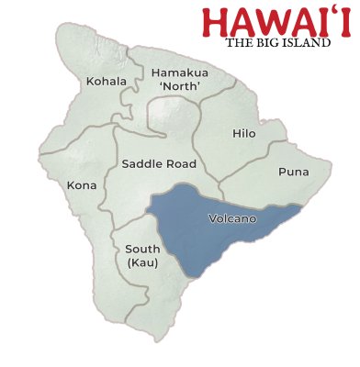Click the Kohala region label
click(x=106, y=82)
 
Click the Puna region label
click(x=293, y=172)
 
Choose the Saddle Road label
click(x=159, y=164)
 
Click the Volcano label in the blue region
click(x=226, y=219)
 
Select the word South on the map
click(x=142, y=249)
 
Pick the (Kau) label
click(x=142, y=263)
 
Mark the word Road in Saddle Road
click(x=180, y=164)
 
